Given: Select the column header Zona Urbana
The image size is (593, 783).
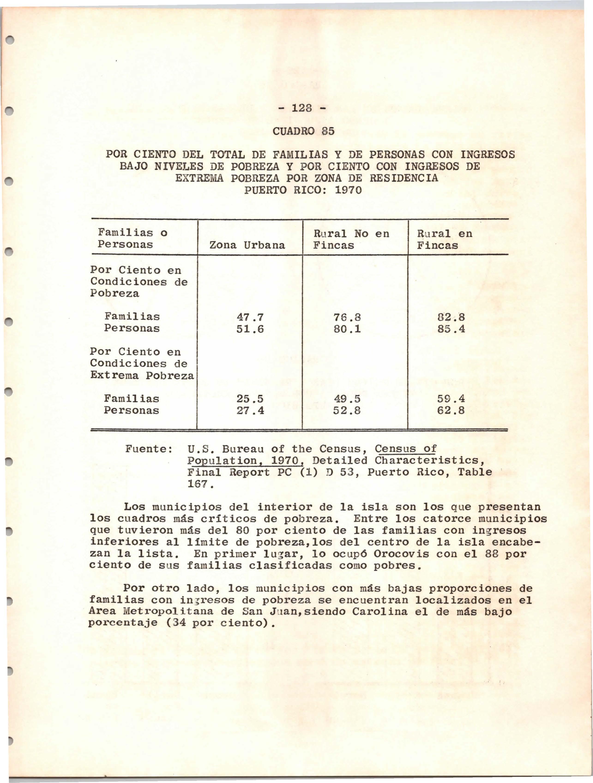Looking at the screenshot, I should click(247, 245).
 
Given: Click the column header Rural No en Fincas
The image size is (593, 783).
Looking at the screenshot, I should click(351, 239).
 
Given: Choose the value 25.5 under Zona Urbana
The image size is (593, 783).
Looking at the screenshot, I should click(250, 399).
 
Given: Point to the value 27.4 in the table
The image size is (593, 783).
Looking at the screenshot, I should click(250, 411).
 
